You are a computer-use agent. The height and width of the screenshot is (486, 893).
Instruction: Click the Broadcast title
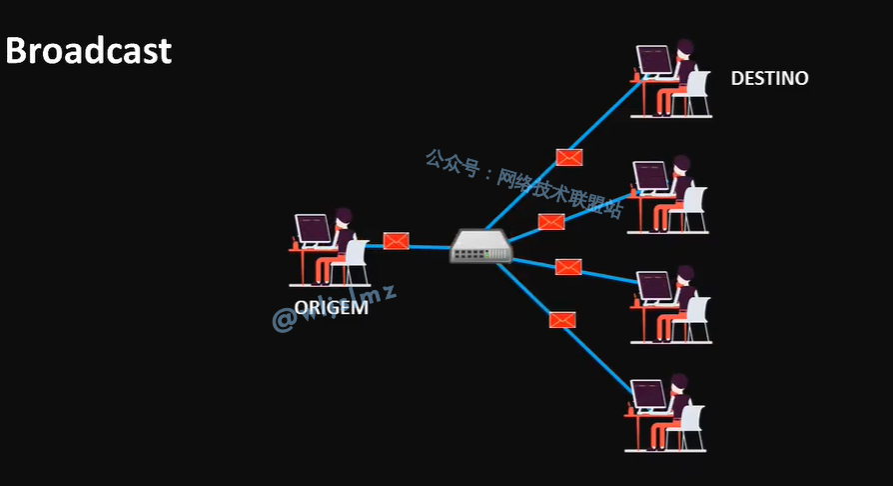click(89, 51)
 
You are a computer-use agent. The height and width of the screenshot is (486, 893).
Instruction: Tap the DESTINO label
click(769, 78)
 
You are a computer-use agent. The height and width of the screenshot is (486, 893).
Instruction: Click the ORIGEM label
click(331, 308)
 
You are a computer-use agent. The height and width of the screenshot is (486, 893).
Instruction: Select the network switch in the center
click(480, 246)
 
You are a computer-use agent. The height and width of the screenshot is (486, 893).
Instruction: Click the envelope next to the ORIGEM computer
click(397, 241)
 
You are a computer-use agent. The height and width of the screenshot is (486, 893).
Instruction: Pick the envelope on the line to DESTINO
click(569, 157)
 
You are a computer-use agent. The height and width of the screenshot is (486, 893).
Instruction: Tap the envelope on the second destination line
click(550, 222)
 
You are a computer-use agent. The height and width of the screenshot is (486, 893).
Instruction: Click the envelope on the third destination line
click(568, 267)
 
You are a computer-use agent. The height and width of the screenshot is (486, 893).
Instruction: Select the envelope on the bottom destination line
click(562, 320)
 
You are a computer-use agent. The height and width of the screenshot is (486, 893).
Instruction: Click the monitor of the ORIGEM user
click(313, 229)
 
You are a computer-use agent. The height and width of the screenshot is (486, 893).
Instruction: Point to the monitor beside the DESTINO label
click(654, 60)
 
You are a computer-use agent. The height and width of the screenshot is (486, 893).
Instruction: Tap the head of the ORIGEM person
click(343, 217)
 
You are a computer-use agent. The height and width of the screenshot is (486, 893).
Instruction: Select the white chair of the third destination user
click(695, 312)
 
